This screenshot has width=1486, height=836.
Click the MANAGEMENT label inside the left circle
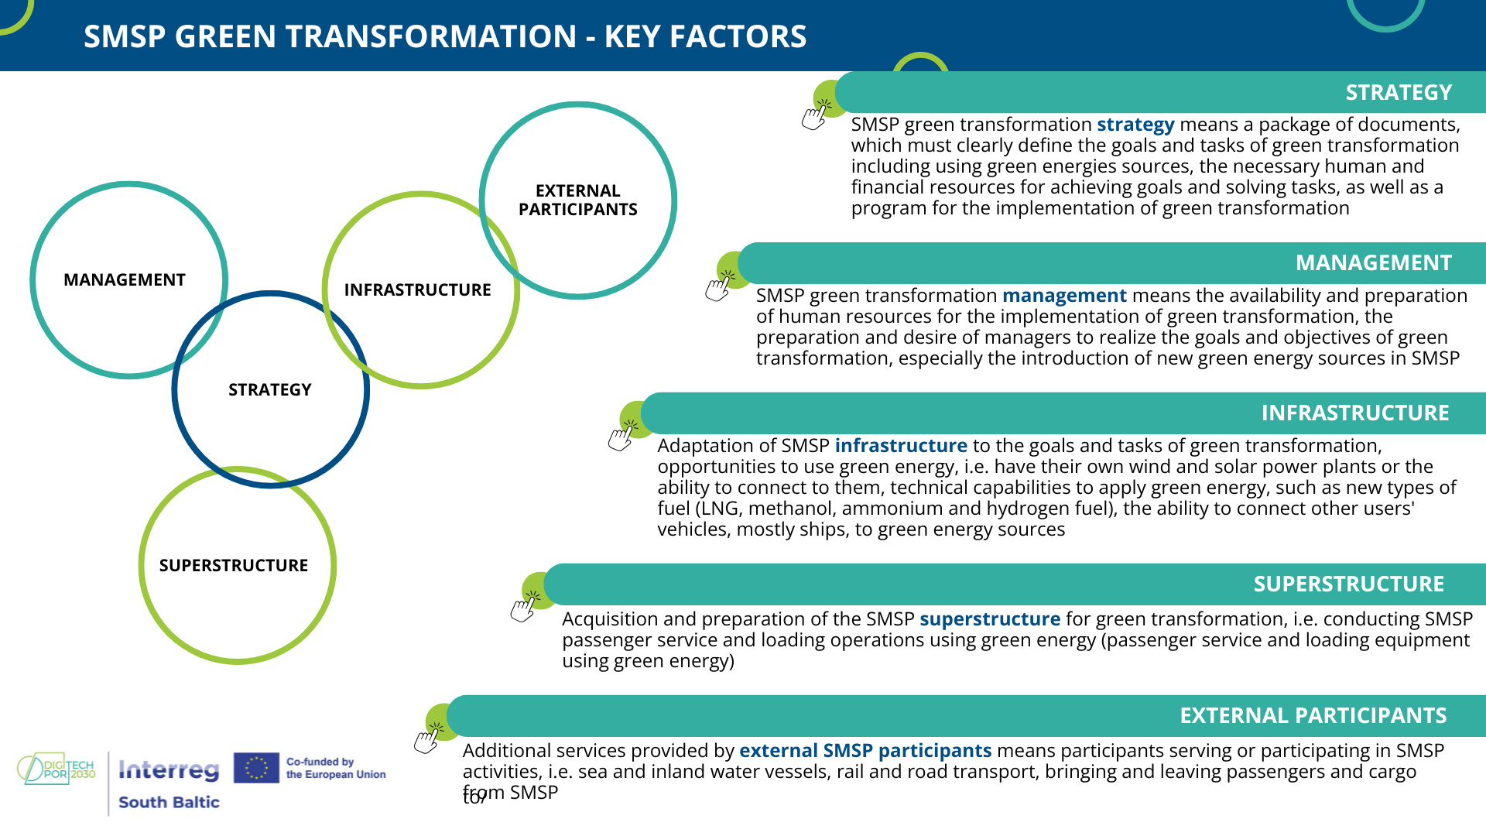125,280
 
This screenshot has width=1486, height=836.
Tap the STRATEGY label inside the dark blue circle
270,390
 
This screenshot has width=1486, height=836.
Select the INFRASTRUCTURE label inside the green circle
418,290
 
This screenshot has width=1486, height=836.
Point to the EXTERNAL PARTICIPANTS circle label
578,200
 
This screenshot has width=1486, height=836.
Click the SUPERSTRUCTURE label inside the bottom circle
234,566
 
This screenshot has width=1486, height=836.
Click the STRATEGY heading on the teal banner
1399,93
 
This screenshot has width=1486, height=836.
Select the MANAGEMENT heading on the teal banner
1374,263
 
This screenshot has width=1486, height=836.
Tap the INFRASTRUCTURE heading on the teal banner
1355,413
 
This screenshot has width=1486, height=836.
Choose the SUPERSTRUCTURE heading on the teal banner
1349,584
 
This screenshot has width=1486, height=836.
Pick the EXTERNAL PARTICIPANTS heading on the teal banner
1313,716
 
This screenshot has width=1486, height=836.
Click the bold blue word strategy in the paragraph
1135,125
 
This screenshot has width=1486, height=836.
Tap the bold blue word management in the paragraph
1064,296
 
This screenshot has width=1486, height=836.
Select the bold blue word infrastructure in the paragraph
901,446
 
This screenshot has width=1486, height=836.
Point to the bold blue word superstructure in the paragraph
990,620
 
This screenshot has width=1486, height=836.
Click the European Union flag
256,768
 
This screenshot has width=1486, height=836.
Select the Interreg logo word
169,769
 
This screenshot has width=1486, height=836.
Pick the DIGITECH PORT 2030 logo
56,769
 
